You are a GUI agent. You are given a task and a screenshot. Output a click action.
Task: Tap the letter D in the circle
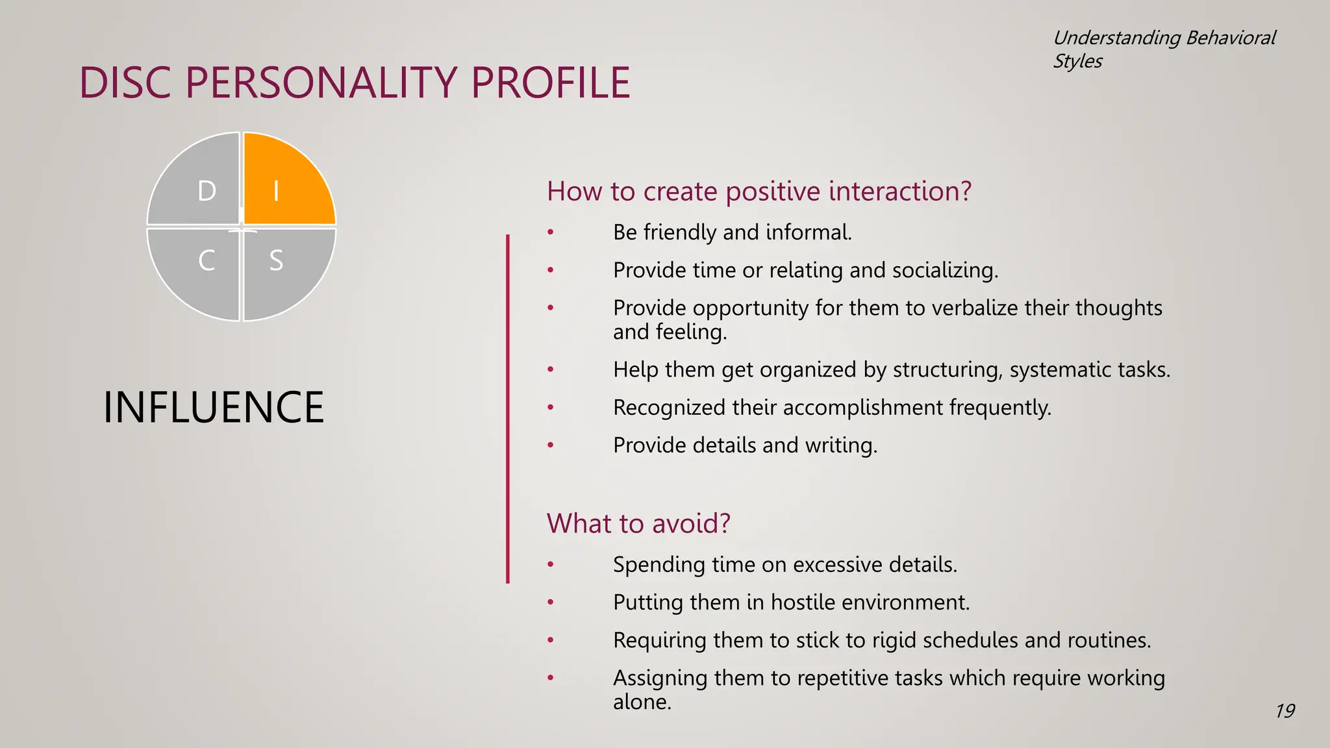coord(207,191)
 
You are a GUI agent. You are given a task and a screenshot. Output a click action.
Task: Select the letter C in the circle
coord(207,261)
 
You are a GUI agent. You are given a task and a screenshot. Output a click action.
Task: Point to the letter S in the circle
coord(276,261)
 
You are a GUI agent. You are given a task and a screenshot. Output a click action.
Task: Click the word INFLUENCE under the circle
coord(213,408)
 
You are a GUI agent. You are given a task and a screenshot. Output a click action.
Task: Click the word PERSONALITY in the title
coord(321,83)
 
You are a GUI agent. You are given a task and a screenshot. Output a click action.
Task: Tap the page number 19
coord(1285,711)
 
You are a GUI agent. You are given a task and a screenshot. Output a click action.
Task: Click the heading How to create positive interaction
coord(759,192)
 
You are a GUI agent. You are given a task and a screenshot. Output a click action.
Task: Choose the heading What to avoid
coord(638,523)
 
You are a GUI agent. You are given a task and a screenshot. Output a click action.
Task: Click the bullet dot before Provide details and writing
coord(550,445)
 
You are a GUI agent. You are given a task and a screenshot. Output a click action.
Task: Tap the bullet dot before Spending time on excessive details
coord(550,565)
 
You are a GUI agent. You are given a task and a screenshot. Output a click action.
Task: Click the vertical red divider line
coord(508,409)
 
